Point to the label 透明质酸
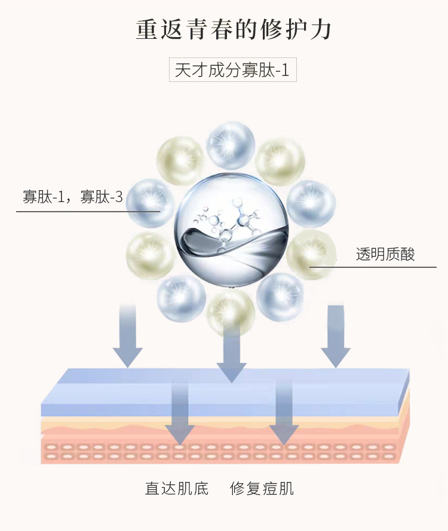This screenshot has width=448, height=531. click(x=385, y=254)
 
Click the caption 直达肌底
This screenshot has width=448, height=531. click(x=177, y=489)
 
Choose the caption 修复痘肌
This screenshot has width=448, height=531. click(x=262, y=489)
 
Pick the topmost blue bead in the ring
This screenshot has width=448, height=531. click(x=231, y=145)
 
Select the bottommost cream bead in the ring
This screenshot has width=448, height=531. click(x=231, y=312)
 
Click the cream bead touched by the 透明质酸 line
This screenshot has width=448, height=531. click(x=310, y=254)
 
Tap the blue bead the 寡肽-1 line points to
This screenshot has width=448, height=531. click(x=150, y=203)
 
